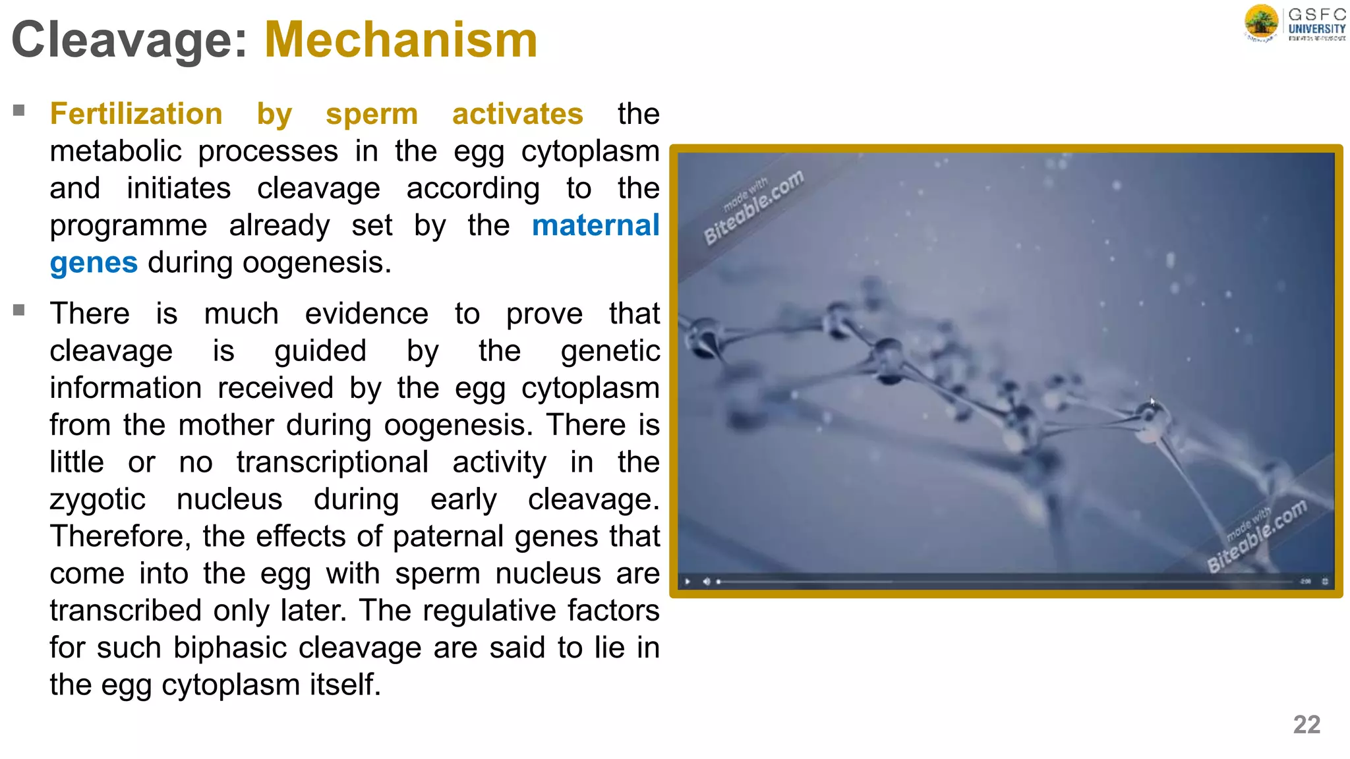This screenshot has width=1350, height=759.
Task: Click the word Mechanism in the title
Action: (x=401, y=40)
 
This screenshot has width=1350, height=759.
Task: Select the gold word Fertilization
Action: (x=136, y=114)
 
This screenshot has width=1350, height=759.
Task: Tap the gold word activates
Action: (x=517, y=114)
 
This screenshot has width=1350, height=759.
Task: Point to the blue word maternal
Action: (x=595, y=225)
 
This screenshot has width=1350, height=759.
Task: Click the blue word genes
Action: (x=94, y=263)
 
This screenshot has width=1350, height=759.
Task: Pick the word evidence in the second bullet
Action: (x=367, y=314)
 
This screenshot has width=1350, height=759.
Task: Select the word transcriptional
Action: (x=333, y=462)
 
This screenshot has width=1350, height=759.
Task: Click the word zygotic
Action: (x=98, y=499)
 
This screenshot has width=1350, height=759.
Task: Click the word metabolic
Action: (x=115, y=152)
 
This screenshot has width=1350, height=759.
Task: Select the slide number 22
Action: (x=1306, y=725)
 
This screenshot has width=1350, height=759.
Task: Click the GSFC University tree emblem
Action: (x=1261, y=22)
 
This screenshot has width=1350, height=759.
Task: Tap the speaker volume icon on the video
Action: (x=706, y=582)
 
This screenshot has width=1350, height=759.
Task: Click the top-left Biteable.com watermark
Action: (x=753, y=206)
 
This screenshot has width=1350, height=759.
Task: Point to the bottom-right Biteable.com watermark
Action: (x=1256, y=536)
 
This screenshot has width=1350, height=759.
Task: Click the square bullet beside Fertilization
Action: (x=18, y=110)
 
